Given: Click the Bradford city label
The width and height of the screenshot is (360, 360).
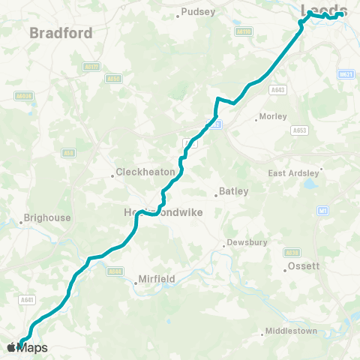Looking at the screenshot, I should coord(61,33).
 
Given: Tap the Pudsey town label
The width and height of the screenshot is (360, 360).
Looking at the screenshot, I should coord(199,12).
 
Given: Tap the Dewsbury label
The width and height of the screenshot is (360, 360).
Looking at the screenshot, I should coord(245,244).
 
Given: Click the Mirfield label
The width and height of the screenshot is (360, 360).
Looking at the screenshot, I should coord(155,279).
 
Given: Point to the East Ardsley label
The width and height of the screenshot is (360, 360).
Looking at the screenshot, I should coord(293,173).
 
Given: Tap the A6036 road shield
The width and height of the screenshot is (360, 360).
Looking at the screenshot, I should coord(24,96).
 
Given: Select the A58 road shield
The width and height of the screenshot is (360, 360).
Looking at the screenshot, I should coord(69,153).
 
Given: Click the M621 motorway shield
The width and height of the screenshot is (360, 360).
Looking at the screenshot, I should coord(346,74).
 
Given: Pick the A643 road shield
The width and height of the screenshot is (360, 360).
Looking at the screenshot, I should coord(278,89).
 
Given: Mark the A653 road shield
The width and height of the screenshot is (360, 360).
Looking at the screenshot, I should coord(299,130).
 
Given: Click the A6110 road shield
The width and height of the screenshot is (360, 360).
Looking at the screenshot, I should coord(244,32).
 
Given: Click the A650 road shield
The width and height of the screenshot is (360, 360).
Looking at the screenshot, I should coord(113,78).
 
